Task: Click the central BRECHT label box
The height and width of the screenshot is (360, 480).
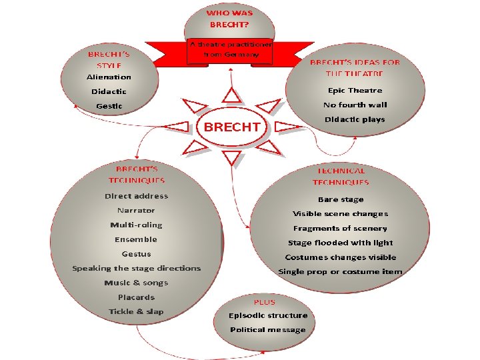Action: (x=231, y=126)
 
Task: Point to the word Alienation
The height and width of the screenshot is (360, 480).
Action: (x=109, y=77)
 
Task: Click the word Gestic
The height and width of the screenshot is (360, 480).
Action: (x=109, y=106)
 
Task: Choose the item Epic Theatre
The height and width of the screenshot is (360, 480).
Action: (x=355, y=90)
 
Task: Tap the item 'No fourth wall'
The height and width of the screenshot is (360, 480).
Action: (x=355, y=105)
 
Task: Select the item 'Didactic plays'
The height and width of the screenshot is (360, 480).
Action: (x=355, y=119)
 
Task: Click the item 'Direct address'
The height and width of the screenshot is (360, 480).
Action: (x=136, y=196)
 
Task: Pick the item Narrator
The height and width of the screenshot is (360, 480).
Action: (x=136, y=211)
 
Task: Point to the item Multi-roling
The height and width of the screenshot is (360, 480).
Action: (x=136, y=225)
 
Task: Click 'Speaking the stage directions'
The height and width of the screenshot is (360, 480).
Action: (x=136, y=268)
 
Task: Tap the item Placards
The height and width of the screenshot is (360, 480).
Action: (x=136, y=297)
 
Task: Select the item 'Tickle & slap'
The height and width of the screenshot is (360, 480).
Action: (x=136, y=311)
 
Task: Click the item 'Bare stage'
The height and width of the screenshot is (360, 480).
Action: (x=341, y=199)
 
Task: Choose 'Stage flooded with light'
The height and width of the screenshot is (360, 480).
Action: (x=341, y=243)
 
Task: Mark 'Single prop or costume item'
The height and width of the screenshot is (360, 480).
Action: (x=341, y=271)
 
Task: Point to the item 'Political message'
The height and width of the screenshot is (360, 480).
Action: (x=268, y=329)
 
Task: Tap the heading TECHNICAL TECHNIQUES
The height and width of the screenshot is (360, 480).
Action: (x=341, y=177)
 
